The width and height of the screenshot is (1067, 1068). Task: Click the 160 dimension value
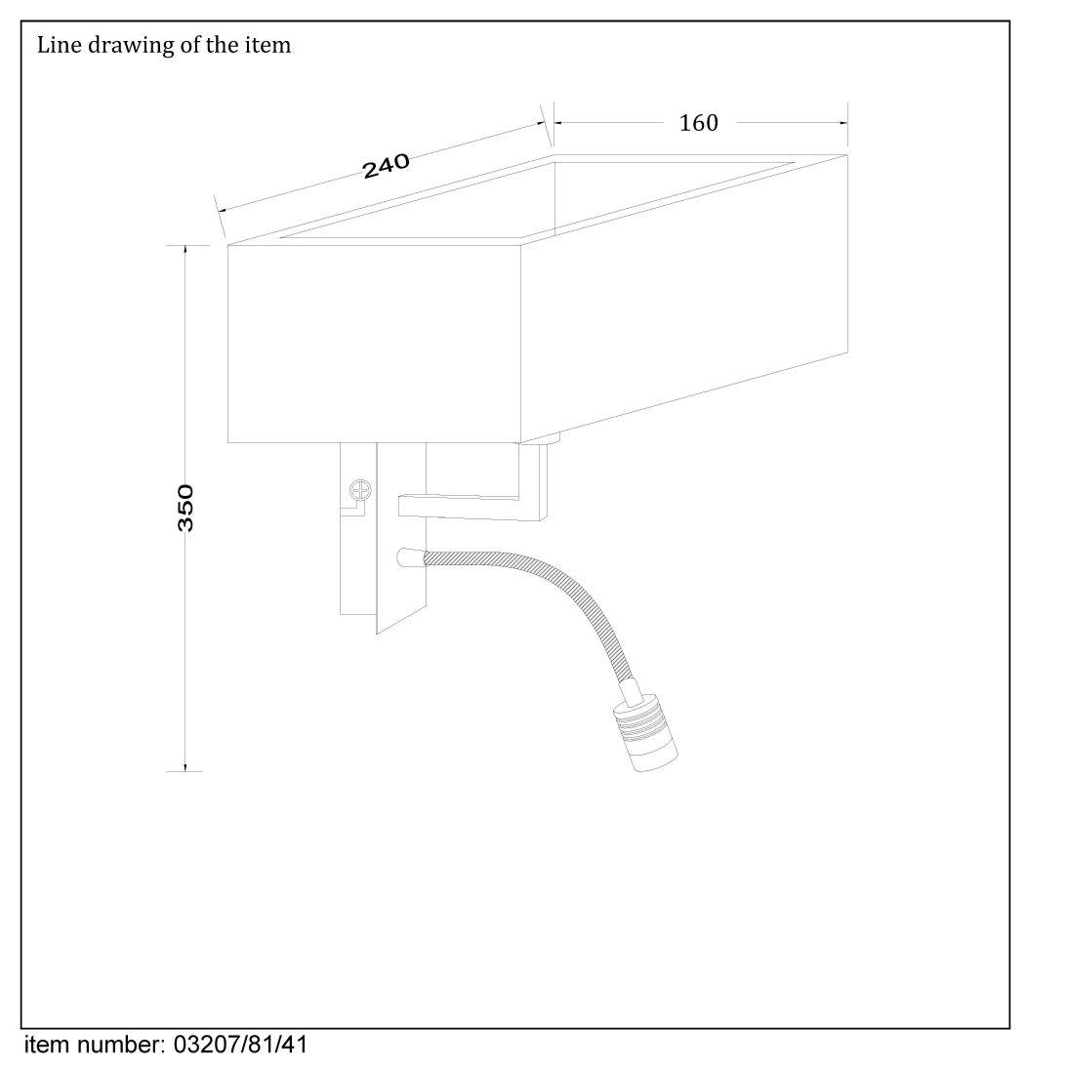699,123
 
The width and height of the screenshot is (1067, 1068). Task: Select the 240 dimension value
386,166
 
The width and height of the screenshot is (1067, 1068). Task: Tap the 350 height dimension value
185,508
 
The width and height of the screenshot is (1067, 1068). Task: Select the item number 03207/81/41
241,1045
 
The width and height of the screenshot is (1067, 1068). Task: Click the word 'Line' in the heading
60,45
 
